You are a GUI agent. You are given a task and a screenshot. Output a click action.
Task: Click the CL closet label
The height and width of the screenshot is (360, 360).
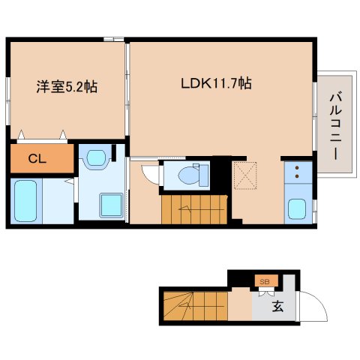click(35, 158)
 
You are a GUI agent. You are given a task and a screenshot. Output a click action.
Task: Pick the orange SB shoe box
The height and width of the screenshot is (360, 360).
click(265, 281)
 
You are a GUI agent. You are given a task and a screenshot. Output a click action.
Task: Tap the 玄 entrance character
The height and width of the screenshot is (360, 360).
click(277, 306)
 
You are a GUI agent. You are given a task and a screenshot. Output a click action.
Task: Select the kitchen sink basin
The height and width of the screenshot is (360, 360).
click(297, 208)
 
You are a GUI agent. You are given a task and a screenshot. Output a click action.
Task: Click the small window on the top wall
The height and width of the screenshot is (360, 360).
click(114, 38)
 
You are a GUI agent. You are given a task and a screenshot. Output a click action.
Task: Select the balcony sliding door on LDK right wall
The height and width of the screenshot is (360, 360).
click(314, 113)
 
